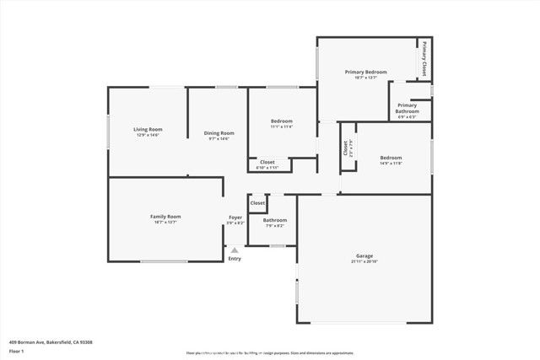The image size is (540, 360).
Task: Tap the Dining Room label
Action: pyautogui.click(x=219, y=132)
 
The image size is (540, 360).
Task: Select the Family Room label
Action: pyautogui.click(x=165, y=217)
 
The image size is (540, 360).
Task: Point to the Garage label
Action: pyautogui.click(x=364, y=255)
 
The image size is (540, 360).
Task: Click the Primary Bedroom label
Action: pyautogui.click(x=365, y=73)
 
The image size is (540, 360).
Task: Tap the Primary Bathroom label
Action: pyautogui.click(x=408, y=108)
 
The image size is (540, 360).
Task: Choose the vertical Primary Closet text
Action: pyautogui.click(x=424, y=59)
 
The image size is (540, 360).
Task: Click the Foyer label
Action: pyautogui.click(x=235, y=218)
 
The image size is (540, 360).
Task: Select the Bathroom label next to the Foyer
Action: pyautogui.click(x=275, y=220)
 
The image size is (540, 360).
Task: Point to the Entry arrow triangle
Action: pyautogui.click(x=235, y=250)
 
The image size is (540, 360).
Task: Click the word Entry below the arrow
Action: pyautogui.click(x=235, y=259)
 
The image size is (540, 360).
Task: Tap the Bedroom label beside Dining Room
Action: pyautogui.click(x=281, y=122)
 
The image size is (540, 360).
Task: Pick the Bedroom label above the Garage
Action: pyautogui.click(x=391, y=158)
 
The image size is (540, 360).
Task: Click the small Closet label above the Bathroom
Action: pyautogui.click(x=257, y=203)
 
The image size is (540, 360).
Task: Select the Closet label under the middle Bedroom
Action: pyautogui.click(x=267, y=162)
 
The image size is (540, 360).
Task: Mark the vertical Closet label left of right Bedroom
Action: pyautogui.click(x=345, y=148)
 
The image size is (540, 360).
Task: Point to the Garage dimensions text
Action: pyautogui.click(x=364, y=261)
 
